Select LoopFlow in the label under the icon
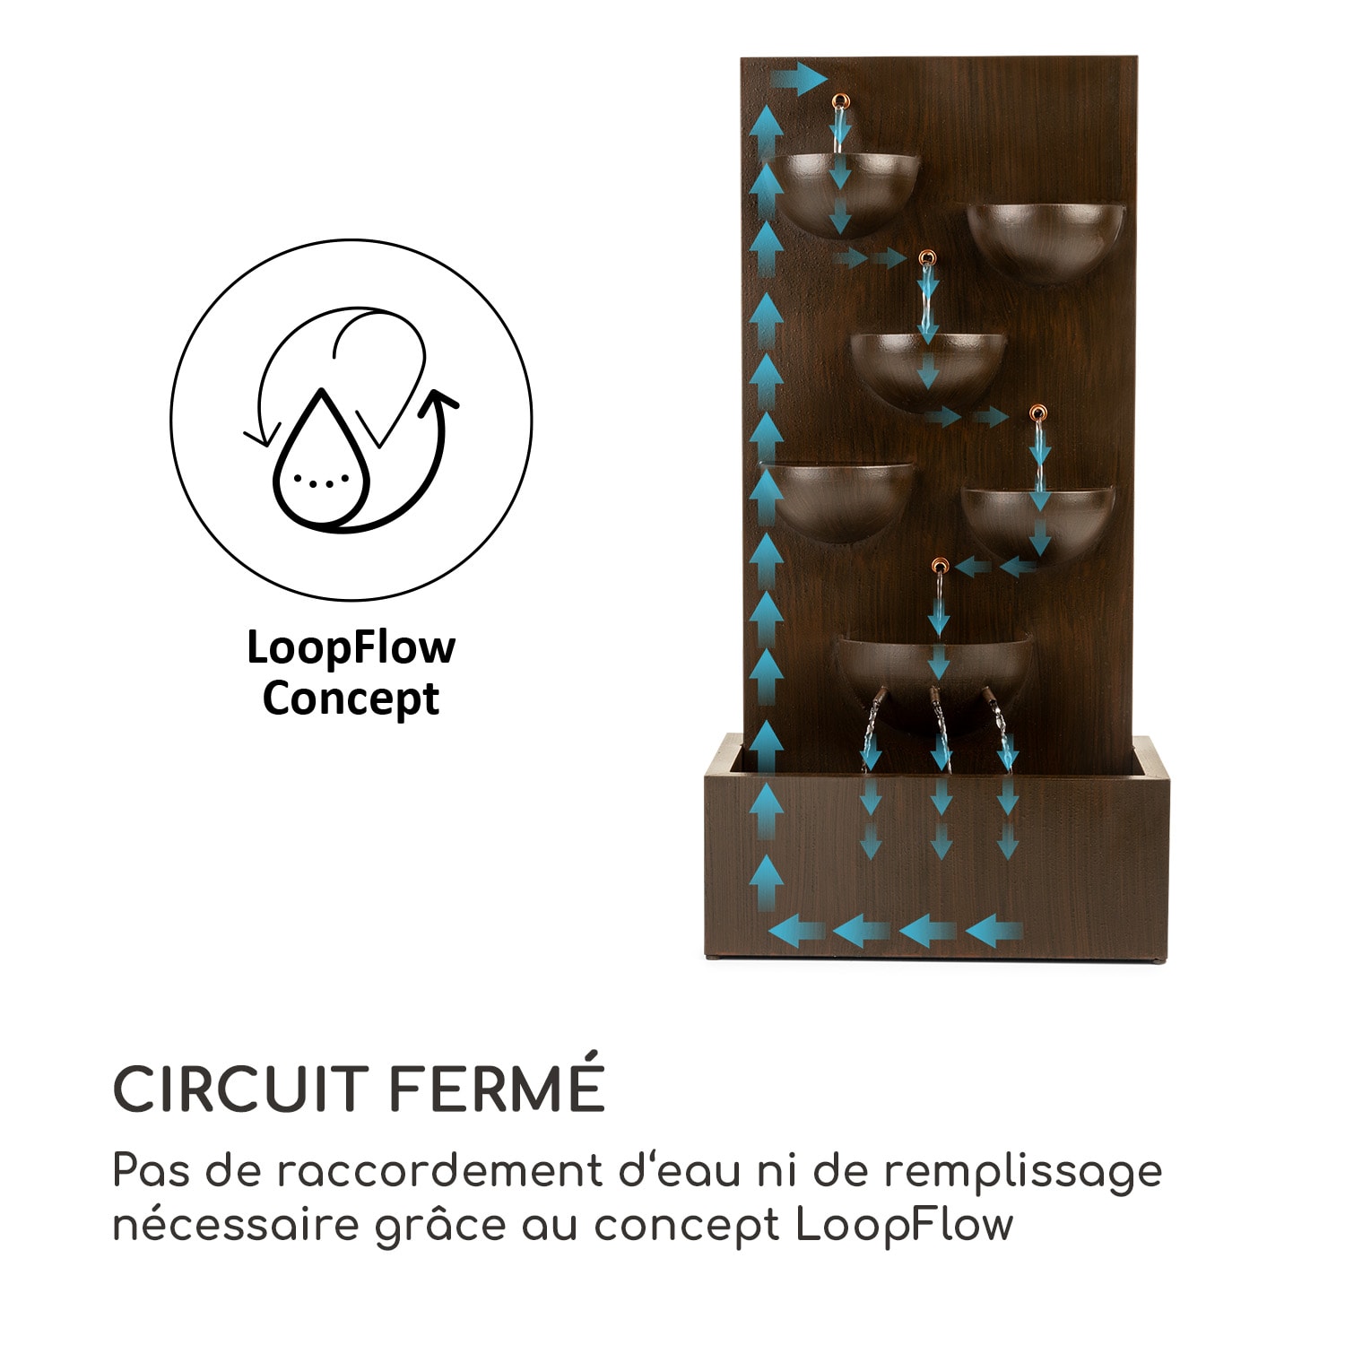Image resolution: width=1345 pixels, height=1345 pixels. (x=351, y=647)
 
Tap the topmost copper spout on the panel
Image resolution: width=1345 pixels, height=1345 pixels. (x=839, y=101)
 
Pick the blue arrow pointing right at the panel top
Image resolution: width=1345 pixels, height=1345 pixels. (x=798, y=79)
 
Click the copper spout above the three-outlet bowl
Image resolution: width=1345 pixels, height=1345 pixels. (x=940, y=566)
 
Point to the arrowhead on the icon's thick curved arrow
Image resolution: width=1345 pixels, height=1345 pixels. (x=438, y=402)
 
